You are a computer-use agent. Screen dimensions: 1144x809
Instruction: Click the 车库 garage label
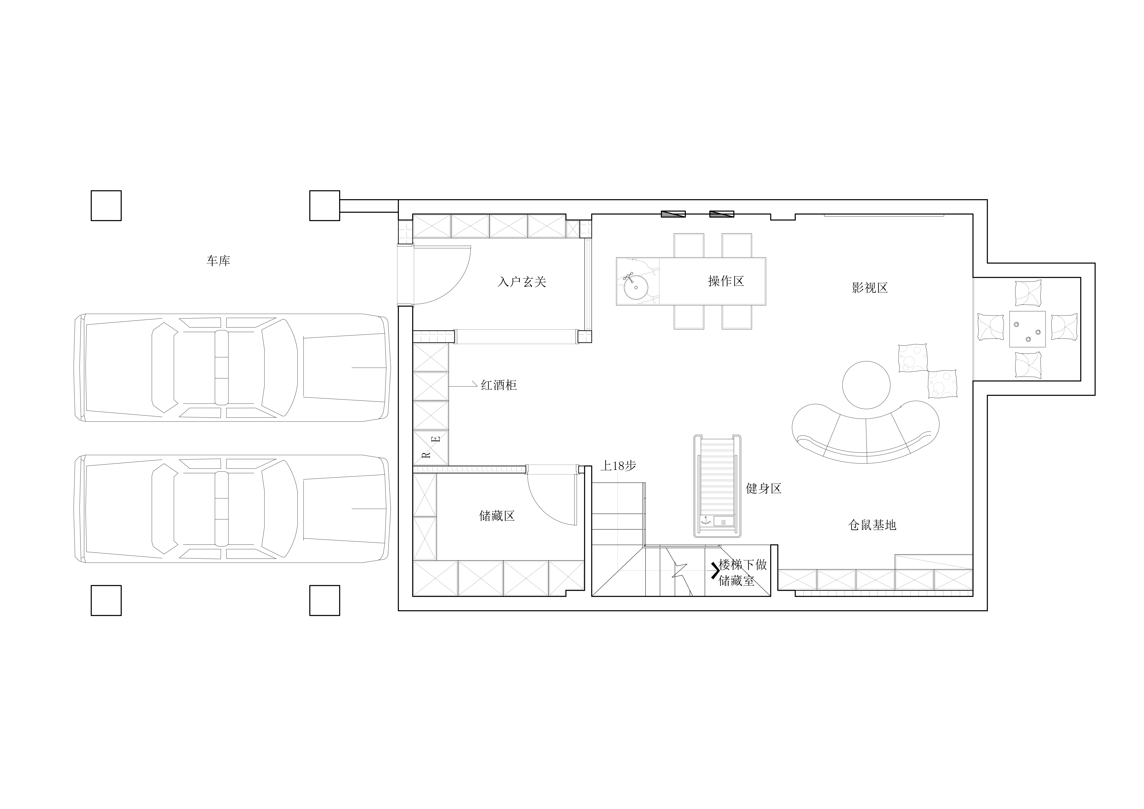pyautogui.click(x=218, y=260)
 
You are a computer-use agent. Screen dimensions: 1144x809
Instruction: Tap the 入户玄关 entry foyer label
pyautogui.click(x=522, y=282)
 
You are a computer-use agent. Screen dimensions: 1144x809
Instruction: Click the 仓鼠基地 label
pyautogui.click(x=872, y=525)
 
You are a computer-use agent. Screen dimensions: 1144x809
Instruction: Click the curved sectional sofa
pyautogui.click(x=865, y=451)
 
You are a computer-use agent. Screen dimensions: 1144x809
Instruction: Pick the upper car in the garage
pyautogui.click(x=233, y=368)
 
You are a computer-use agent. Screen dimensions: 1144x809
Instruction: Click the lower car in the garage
pyautogui.click(x=233, y=509)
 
